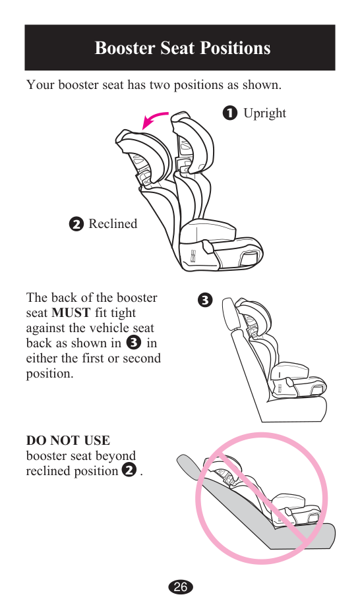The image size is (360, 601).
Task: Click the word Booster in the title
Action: (125, 48)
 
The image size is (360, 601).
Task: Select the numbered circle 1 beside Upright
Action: (229, 113)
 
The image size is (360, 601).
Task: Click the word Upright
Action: (264, 113)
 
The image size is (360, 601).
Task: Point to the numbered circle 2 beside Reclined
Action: (76, 224)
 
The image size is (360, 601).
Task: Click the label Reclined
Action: (113, 223)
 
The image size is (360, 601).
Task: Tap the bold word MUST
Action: (71, 313)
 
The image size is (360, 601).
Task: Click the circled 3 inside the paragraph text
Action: (133, 342)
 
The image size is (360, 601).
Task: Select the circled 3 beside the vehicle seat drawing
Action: (205, 300)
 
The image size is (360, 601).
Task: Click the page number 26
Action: (180, 587)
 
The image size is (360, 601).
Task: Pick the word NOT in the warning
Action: (67, 440)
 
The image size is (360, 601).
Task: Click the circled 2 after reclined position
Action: (129, 471)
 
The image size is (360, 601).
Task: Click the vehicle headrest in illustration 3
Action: (229, 314)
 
